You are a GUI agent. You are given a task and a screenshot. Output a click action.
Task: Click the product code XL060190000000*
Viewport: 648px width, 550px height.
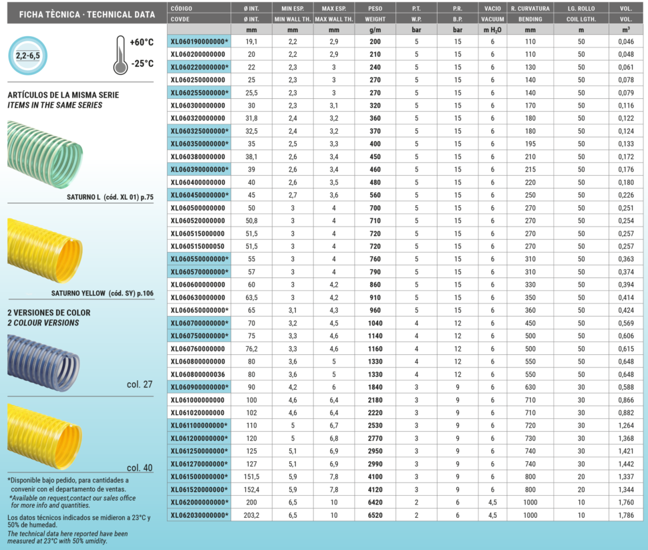[199, 41]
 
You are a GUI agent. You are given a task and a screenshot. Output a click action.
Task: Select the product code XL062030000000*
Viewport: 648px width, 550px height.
[199, 515]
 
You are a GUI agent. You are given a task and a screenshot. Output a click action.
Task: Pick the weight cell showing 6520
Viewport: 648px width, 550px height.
[375, 515]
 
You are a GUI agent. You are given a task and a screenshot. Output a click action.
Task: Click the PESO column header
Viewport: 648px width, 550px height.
[375, 8]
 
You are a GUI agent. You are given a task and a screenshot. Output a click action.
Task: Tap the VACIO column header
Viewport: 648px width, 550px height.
[493, 8]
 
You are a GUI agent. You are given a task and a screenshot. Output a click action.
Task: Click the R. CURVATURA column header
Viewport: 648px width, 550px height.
[530, 8]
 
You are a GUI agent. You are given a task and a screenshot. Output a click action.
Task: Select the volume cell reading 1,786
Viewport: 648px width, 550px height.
[625, 515]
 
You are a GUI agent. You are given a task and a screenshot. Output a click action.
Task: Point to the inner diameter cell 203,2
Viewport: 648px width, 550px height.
[251, 515]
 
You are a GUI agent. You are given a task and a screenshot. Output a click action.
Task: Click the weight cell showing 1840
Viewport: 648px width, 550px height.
[375, 387]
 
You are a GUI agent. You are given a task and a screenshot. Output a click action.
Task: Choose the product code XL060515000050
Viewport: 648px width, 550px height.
[197, 246]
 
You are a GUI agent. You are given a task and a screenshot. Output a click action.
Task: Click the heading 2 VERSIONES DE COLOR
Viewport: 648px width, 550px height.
[49, 312]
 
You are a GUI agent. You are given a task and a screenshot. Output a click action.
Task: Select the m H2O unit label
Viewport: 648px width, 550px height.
[493, 30]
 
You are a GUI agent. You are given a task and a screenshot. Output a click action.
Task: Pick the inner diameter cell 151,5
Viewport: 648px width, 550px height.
[251, 476]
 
